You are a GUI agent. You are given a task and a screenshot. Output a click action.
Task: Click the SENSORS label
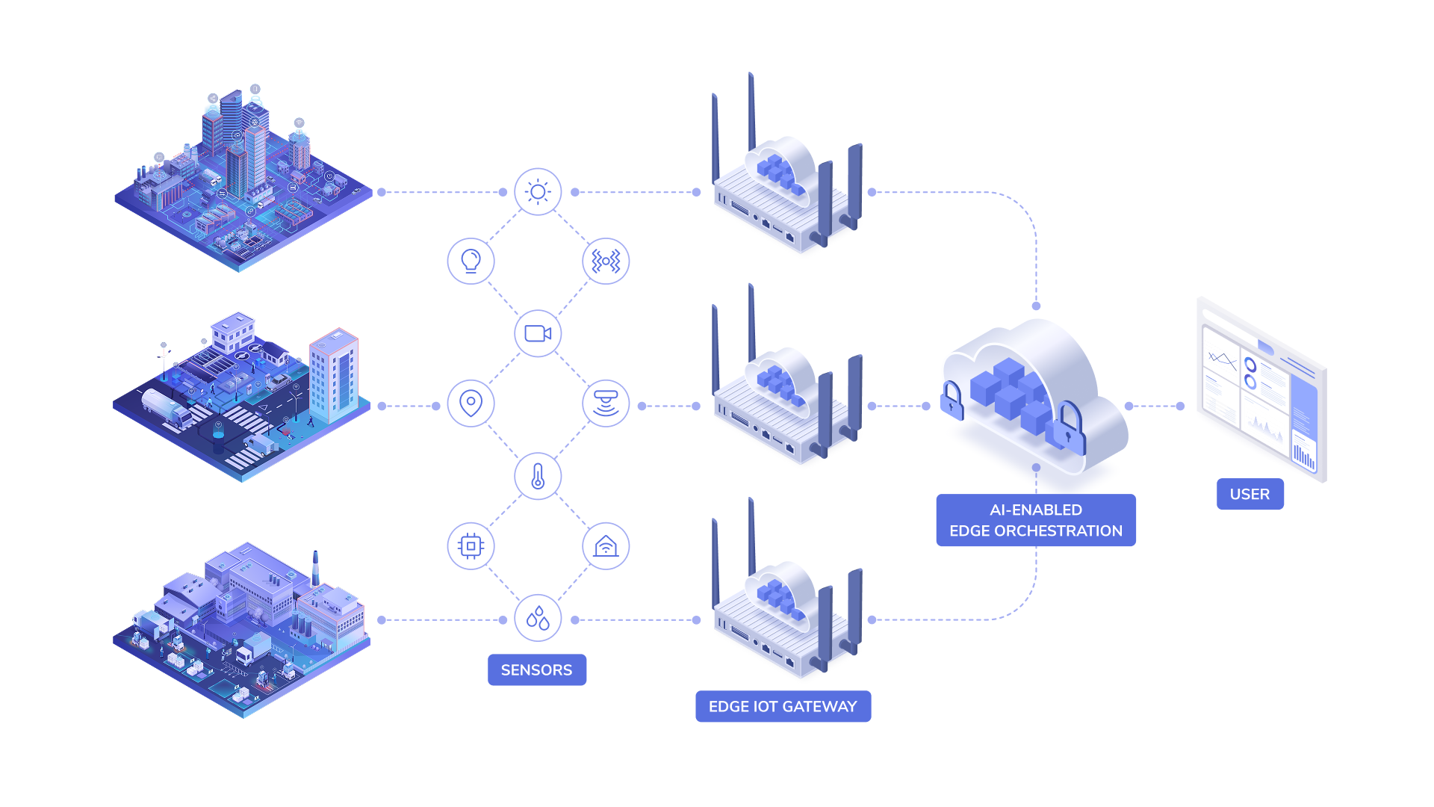click(x=536, y=670)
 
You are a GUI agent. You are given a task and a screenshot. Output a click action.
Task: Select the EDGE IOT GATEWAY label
click(x=783, y=706)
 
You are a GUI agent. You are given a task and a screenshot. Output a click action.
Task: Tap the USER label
click(x=1250, y=494)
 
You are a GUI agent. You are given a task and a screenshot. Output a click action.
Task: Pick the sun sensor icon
click(x=538, y=192)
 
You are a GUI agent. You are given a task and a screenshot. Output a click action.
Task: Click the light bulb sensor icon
click(x=471, y=262)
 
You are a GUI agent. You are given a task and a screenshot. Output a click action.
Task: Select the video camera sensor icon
click(x=538, y=333)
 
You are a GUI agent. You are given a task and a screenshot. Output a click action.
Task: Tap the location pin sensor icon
click(x=471, y=403)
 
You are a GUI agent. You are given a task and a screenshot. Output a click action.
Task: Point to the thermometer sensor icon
click(x=538, y=476)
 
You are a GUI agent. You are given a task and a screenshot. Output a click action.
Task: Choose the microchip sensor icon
click(x=471, y=546)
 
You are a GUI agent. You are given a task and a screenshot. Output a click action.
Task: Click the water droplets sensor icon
click(x=538, y=618)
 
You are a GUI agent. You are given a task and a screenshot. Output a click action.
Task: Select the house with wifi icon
click(x=606, y=546)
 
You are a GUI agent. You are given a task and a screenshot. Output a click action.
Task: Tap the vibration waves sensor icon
click(x=606, y=262)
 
